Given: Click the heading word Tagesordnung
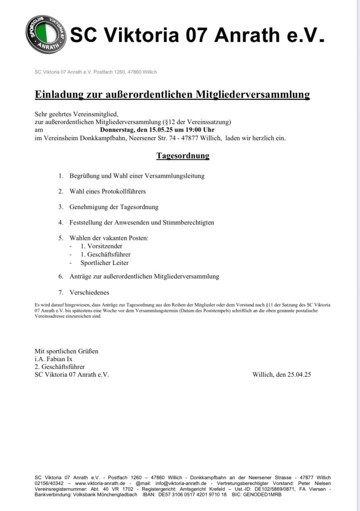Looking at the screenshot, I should pos(183,156).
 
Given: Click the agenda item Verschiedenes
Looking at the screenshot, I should pos(89,292).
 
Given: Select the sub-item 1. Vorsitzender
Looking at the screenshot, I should pos(94,246).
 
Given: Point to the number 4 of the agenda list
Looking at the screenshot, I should pos(61,223).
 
